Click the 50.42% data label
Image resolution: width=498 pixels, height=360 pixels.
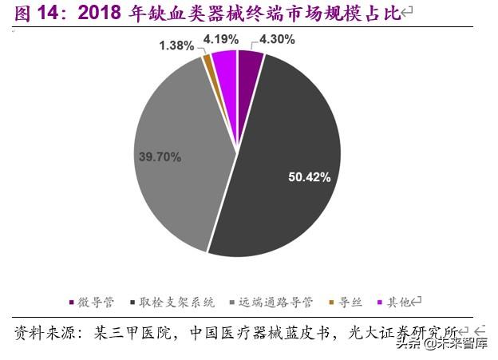[x=310, y=177]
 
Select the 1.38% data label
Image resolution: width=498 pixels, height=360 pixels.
[x=176, y=45]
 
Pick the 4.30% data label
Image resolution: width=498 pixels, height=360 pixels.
[x=276, y=38]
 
